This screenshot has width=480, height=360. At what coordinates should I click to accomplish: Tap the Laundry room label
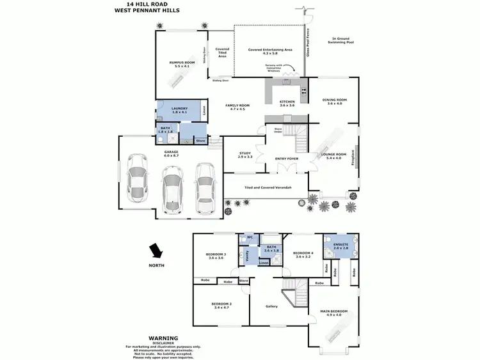pos(179,110)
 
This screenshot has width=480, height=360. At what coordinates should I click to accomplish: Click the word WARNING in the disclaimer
pos(163,338)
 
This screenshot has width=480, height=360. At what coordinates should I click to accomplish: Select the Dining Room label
pos(334,101)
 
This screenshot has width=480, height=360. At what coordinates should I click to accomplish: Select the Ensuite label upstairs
pos(340,245)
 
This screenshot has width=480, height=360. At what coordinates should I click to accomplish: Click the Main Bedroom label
pos(333,313)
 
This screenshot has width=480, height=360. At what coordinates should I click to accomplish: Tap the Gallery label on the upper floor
pos(272,306)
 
